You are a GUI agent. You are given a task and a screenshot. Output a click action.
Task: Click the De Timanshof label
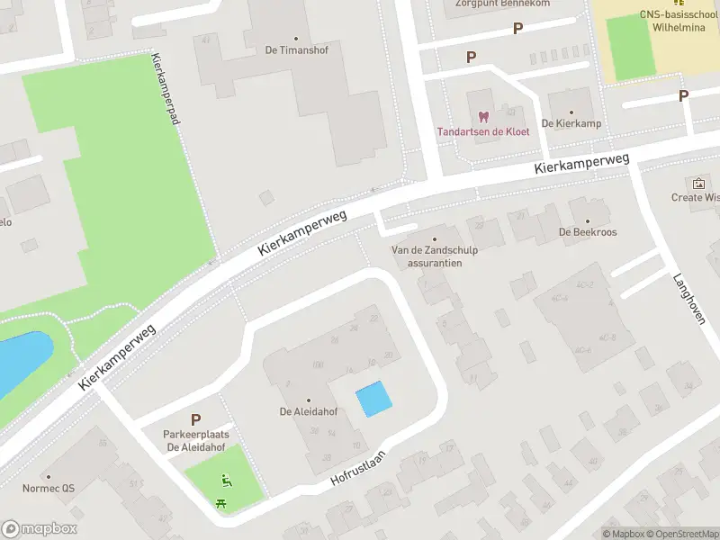coord(297,49)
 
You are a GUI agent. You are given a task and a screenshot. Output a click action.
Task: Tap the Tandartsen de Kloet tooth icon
coord(483,117)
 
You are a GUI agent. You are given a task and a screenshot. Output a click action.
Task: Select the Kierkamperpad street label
coord(167,99)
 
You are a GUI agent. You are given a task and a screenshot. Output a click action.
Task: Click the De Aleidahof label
coord(309,412)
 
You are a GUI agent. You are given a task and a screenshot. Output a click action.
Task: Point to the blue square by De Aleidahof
coord(374,399)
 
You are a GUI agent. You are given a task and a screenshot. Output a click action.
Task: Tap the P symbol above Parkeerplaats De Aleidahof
coord(195,419)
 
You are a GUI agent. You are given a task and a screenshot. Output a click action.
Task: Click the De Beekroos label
coord(588,231)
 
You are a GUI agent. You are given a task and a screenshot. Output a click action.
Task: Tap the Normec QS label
coord(49,489)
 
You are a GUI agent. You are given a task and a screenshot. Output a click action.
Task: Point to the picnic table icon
coord(221,503)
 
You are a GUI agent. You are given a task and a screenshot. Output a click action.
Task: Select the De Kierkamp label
coord(558,122)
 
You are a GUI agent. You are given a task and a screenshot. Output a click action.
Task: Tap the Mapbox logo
coord(40,529)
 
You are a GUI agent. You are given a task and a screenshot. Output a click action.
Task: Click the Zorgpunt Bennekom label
coord(489,4)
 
